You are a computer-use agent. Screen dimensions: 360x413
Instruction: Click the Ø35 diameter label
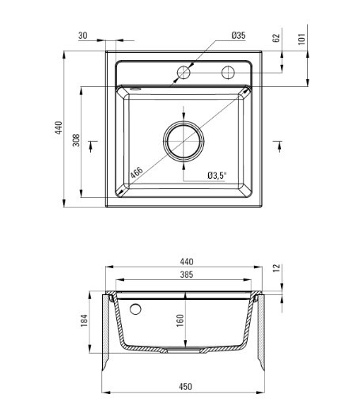(x=238, y=36)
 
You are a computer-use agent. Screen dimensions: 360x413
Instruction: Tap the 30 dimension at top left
(x=83, y=36)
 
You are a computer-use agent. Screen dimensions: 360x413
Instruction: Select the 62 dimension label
(x=276, y=38)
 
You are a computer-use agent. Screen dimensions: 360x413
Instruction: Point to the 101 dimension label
(x=301, y=39)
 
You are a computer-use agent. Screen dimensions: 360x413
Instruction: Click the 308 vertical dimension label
(x=76, y=140)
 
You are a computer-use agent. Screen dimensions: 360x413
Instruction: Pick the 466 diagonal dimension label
(x=136, y=172)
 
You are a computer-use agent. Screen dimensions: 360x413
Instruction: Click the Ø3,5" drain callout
(x=217, y=176)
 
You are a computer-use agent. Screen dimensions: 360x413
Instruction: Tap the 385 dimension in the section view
(x=187, y=275)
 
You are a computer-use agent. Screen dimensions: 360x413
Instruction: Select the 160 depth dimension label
(x=180, y=320)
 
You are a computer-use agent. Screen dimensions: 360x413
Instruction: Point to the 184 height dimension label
(x=84, y=320)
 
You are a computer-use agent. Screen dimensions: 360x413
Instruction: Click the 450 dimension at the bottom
(x=185, y=387)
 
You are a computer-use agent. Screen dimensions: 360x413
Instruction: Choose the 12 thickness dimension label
(x=276, y=268)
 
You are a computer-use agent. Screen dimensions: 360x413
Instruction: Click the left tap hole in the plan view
(x=184, y=73)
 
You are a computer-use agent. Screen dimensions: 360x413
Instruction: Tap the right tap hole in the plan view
(x=228, y=73)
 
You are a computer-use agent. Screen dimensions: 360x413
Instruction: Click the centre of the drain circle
(x=184, y=142)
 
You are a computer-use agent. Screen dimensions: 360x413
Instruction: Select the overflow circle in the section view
(x=135, y=309)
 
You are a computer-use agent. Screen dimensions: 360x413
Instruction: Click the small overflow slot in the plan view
(x=136, y=89)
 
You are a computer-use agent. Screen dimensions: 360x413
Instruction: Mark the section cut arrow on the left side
(x=91, y=146)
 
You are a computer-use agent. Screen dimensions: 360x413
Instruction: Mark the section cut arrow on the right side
(x=279, y=146)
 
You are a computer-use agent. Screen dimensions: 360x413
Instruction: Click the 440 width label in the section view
(x=187, y=262)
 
